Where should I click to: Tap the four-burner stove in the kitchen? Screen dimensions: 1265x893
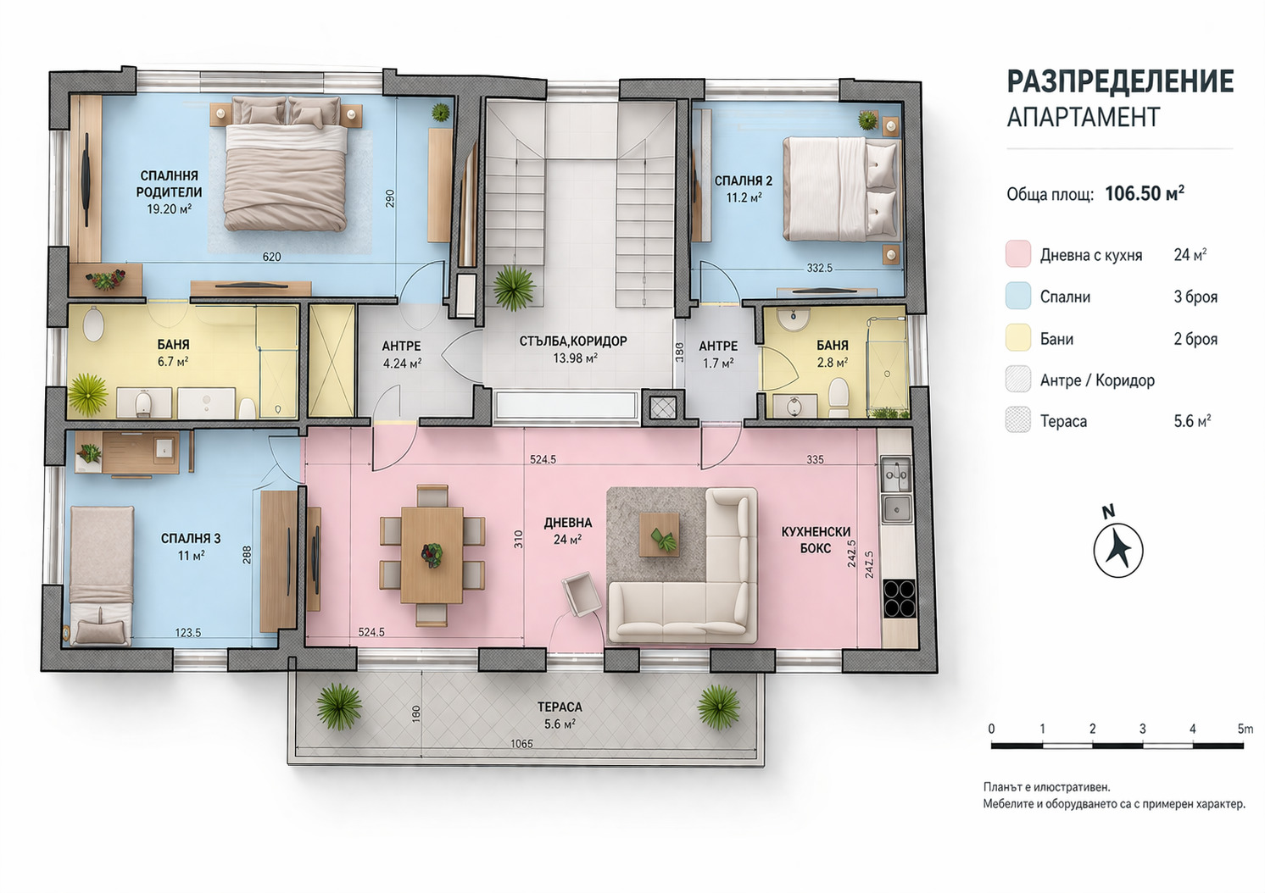tap(899, 598)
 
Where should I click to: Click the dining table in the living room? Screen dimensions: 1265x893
tap(432, 555)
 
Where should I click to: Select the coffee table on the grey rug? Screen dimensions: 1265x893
tap(659, 534)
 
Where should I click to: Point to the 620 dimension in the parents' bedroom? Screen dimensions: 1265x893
tap(271, 257)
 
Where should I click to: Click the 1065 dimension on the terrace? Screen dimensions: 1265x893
tap(521, 744)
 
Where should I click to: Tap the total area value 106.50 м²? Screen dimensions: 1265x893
tap(1145, 194)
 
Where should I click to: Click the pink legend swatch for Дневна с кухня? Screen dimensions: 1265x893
tap(1018, 253)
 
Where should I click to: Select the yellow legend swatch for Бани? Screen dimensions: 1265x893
tap(1018, 337)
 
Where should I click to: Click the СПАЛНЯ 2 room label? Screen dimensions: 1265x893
tap(744, 180)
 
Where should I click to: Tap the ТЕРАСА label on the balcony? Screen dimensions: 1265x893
tap(560, 707)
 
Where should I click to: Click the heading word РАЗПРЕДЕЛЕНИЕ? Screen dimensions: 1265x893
tap(1120, 81)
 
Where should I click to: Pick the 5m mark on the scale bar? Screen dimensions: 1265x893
tap(1244, 729)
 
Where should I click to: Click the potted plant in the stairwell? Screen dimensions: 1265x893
tap(513, 287)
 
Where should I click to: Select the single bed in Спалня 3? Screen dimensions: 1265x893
tap(102, 575)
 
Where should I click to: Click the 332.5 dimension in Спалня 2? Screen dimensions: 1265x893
tap(819, 268)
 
